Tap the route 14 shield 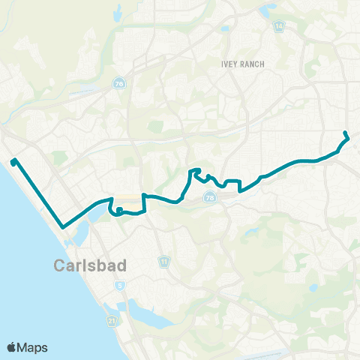tap(279, 26)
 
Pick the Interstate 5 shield tap(120, 286)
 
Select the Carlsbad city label tap(89, 265)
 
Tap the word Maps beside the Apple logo tap(34, 347)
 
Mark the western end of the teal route tap(13, 160)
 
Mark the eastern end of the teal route tap(344, 133)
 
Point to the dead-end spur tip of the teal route tap(119, 208)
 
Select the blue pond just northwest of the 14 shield tap(264, 10)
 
